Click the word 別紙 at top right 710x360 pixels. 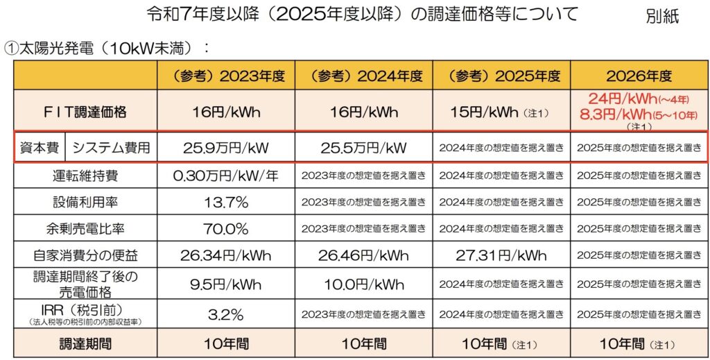[x=662, y=16]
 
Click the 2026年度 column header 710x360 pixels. [x=639, y=76]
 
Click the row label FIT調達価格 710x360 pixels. [x=85, y=111]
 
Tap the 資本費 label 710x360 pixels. [x=40, y=147]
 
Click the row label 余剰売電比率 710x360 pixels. [x=85, y=228]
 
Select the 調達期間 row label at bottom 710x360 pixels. [x=85, y=343]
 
